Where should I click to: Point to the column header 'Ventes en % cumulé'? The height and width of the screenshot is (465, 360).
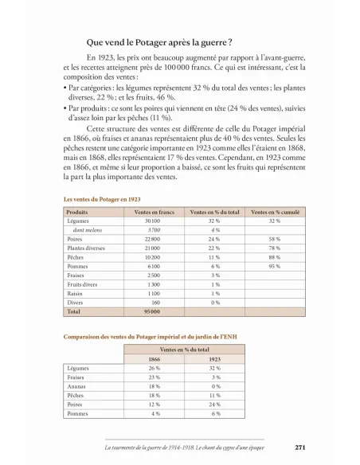(275, 212)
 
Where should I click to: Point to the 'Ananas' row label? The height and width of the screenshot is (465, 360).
(77, 385)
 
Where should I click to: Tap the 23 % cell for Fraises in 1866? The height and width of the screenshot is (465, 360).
(154, 377)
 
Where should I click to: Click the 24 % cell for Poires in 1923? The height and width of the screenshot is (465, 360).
(215, 404)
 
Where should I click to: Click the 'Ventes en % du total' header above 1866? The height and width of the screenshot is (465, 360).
(184, 349)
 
